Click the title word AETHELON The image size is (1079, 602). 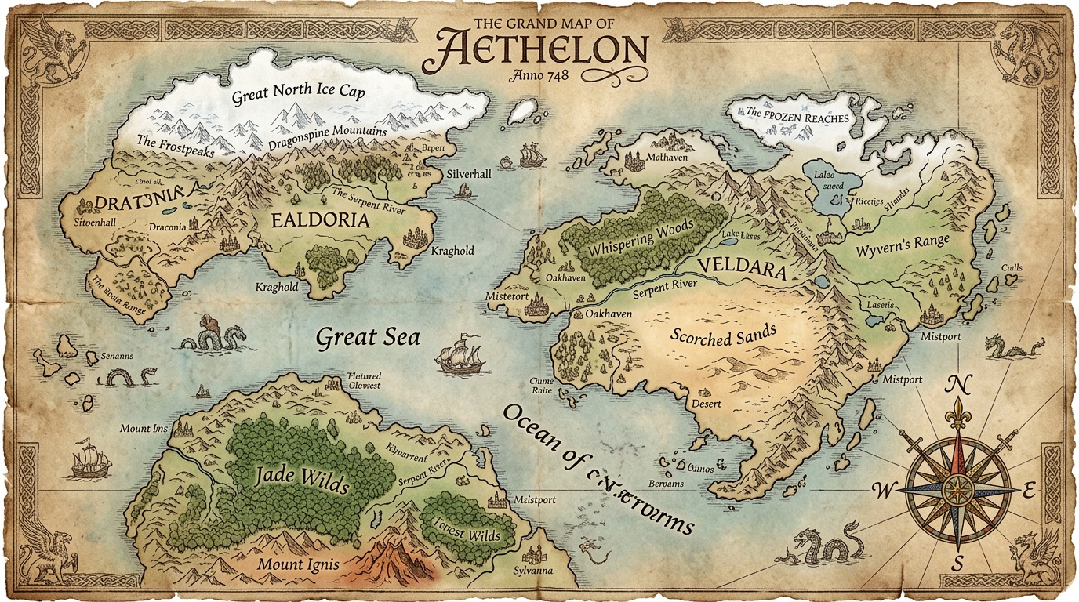[x=536, y=51]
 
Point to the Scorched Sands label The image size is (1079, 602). [x=723, y=335]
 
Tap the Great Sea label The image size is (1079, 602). [x=368, y=338]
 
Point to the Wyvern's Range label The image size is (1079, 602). [x=901, y=245]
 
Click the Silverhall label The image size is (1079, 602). [x=469, y=174]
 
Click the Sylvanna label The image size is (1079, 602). [x=532, y=571]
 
